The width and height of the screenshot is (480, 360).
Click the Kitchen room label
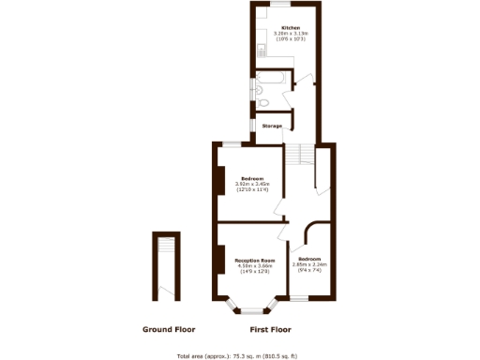[278, 28]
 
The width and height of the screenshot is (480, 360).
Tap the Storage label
[272, 126]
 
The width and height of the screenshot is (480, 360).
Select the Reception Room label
[254, 260]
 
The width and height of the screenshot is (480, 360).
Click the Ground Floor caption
[169, 330]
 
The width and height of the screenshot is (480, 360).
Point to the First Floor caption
[270, 330]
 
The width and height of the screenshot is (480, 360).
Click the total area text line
[238, 355]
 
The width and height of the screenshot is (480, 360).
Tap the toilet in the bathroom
[265, 103]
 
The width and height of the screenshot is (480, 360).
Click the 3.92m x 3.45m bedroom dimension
[252, 187]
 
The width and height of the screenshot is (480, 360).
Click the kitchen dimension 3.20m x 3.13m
[278, 35]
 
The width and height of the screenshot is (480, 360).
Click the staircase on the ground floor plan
[167, 248]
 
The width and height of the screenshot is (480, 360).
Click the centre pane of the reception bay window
[251, 308]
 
